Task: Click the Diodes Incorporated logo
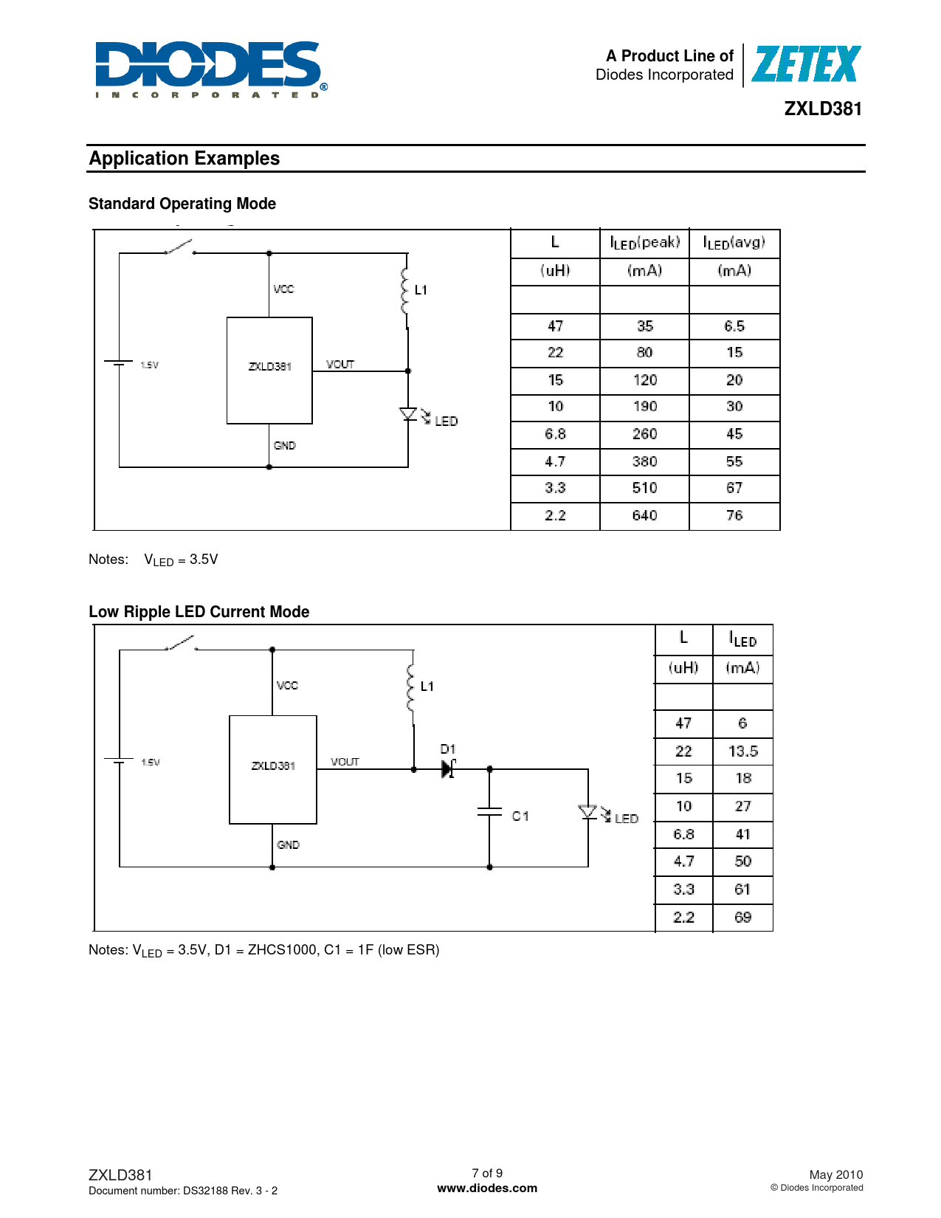210,69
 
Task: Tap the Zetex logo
805,64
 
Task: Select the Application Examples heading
185,159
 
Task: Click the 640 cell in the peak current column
644,515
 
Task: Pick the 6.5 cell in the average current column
734,326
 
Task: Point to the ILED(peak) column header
644,243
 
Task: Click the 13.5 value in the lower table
742,751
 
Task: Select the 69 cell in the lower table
742,918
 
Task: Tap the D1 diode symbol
448,768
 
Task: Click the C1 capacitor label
520,816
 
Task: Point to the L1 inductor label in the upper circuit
421,290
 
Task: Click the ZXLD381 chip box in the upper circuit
269,371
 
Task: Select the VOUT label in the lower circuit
345,762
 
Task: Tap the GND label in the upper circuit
284,446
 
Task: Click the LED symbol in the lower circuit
589,813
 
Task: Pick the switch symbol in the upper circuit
179,247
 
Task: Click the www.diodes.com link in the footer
487,1188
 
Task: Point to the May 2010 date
835,1174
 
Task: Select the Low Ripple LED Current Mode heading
199,612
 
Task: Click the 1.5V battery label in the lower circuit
151,762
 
